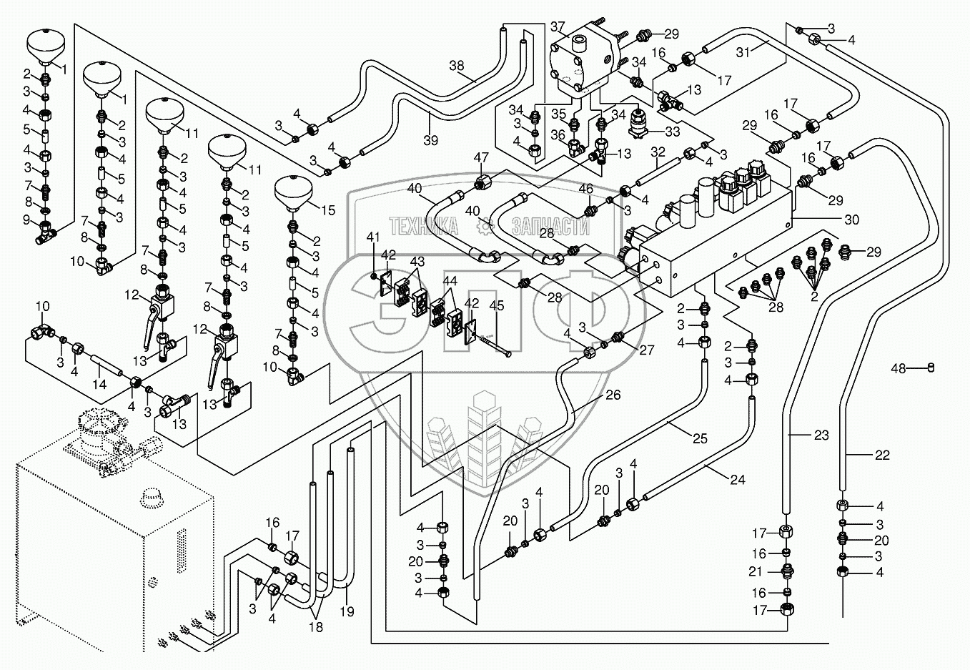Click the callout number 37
click(x=558, y=27)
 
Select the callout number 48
click(x=899, y=368)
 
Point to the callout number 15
click(x=328, y=210)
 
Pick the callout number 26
click(x=613, y=395)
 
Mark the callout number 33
click(x=671, y=132)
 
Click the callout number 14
click(x=99, y=384)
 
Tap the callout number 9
click(x=27, y=219)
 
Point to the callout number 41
click(x=372, y=237)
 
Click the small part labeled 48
click(x=931, y=368)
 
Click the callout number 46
click(x=585, y=189)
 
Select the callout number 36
click(x=557, y=134)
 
